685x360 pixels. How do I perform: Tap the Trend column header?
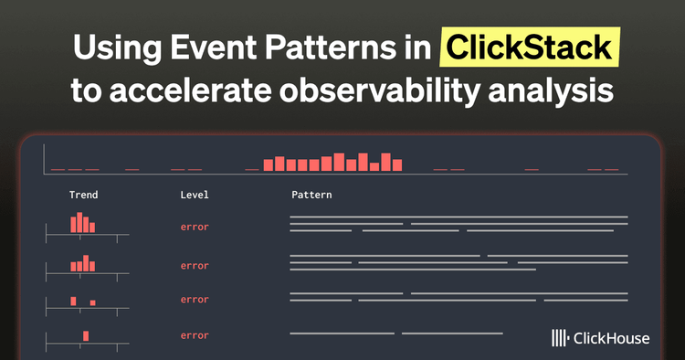[x=83, y=195]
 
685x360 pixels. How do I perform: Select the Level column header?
[x=195, y=195]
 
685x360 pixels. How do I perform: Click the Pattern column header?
[x=311, y=195]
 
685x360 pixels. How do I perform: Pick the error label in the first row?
[x=195, y=227]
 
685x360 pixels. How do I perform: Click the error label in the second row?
[x=195, y=266]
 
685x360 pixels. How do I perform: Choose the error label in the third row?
[x=195, y=299]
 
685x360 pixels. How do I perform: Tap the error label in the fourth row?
[x=195, y=335]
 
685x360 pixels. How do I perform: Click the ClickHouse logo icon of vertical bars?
[x=560, y=338]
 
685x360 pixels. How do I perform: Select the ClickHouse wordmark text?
[x=612, y=338]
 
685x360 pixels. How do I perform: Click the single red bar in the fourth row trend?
[x=86, y=335]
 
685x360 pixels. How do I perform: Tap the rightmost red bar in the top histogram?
[x=397, y=164]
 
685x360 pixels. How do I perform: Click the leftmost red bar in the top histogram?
[x=268, y=165]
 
